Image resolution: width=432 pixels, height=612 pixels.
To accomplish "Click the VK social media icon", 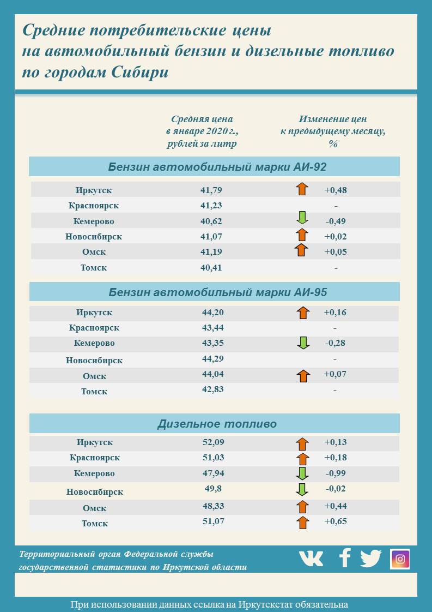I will tap(311, 558).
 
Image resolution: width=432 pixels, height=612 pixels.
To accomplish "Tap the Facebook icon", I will tap(344, 558).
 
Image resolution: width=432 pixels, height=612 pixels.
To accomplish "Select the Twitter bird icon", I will tap(371, 558).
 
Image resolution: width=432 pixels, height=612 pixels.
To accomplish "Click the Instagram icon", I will tap(400, 559).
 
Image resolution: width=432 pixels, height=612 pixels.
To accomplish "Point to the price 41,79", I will tap(211, 190).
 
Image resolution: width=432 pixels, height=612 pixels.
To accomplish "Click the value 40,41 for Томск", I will tap(211, 268).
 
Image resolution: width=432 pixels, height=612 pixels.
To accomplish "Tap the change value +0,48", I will tap(336, 190).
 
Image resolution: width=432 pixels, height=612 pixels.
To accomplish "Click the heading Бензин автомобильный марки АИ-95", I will tap(217, 292).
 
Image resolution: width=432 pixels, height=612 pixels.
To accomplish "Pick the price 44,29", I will tap(212, 359).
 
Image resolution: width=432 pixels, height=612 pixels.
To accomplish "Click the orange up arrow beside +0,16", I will tap(303, 313).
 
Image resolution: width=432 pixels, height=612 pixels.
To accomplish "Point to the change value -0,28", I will tap(335, 343).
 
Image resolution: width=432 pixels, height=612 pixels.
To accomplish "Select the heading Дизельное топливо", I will tap(217, 424).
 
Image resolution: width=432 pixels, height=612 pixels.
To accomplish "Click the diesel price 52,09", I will tap(212, 442).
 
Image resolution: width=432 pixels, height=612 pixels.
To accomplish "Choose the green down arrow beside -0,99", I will tap(302, 473).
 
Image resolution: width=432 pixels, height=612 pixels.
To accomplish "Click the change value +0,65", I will tap(336, 521).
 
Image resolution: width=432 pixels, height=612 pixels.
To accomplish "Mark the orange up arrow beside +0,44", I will tap(303, 507).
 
